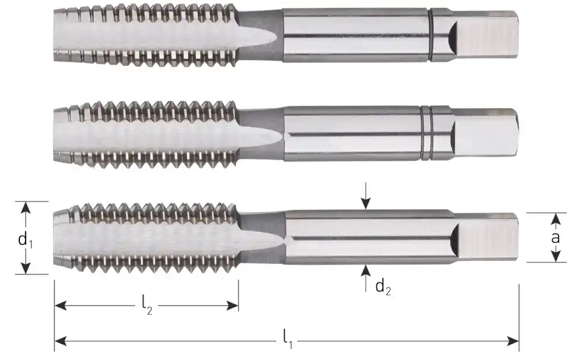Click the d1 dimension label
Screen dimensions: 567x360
[x=26, y=240]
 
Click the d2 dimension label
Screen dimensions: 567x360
[x=383, y=287]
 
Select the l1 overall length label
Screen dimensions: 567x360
[x=287, y=340]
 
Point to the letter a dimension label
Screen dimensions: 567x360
[x=555, y=238]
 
